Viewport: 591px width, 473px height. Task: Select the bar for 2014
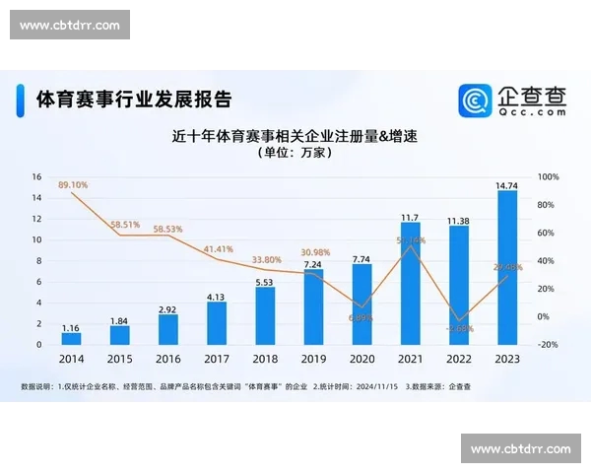(x=72, y=338)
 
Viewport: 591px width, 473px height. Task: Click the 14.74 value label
(x=507, y=184)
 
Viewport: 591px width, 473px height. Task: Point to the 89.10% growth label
(x=73, y=185)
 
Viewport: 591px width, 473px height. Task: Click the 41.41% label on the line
(x=219, y=249)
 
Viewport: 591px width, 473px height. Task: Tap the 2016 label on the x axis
(x=168, y=361)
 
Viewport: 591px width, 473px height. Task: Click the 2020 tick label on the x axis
(x=361, y=361)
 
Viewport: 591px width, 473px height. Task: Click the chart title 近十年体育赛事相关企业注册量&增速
(x=295, y=135)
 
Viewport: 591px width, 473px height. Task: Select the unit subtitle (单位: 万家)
(x=295, y=154)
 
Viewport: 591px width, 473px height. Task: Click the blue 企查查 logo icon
(x=476, y=100)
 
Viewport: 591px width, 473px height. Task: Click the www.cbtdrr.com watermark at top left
(x=70, y=25)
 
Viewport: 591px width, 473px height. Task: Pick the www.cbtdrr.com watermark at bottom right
(x=521, y=448)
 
